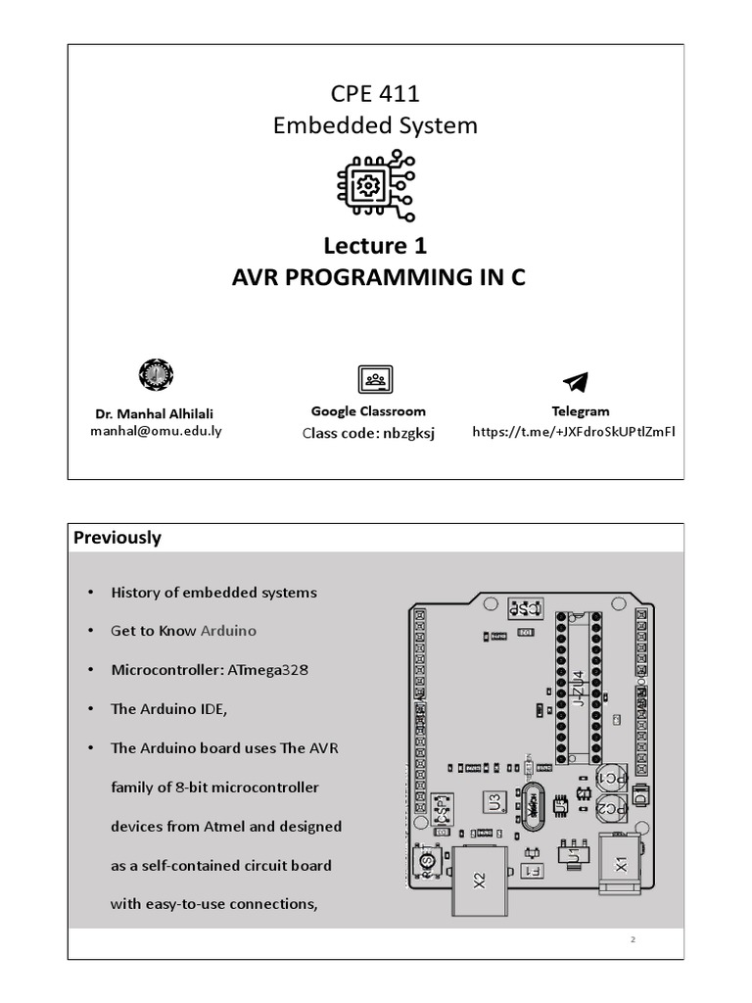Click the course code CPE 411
[x=376, y=94]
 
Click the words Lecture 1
[x=376, y=244]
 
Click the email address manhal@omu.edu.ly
[x=156, y=430]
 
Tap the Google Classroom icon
[x=375, y=379]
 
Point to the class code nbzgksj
[x=400, y=433]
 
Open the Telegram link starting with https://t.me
[x=575, y=431]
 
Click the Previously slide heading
[x=117, y=538]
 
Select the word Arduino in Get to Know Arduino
[x=228, y=631]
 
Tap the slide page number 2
[x=634, y=940]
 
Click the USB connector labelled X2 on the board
[x=479, y=879]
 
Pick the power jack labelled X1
[x=619, y=864]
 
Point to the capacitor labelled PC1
[x=610, y=777]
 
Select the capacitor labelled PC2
[x=609, y=810]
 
